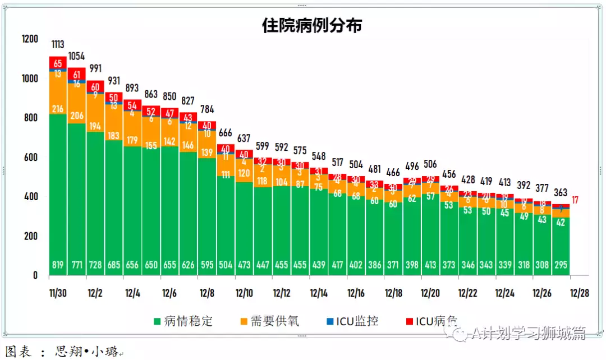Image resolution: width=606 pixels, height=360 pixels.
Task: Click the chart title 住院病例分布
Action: [x=312, y=25]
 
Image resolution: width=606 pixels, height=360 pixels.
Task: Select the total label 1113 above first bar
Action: [x=58, y=45]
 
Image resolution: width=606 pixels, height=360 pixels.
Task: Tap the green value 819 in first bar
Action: [x=58, y=265]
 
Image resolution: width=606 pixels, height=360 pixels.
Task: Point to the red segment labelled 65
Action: [x=58, y=63]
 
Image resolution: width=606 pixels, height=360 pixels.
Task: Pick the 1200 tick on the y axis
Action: [x=29, y=39]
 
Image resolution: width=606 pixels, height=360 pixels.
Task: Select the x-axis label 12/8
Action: [x=207, y=293]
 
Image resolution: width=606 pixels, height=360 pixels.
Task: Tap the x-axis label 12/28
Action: [x=579, y=293]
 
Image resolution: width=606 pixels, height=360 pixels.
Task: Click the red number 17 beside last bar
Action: [x=575, y=200]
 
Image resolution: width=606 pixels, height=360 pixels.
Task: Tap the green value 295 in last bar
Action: [x=561, y=265]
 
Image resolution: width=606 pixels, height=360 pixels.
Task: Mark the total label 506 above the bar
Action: [x=430, y=164]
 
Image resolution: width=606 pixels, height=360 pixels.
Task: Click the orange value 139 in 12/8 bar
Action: [x=206, y=153]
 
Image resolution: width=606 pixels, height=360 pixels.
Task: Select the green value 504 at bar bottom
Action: [x=225, y=265]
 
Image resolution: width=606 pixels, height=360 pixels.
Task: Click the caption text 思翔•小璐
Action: [x=87, y=352]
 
